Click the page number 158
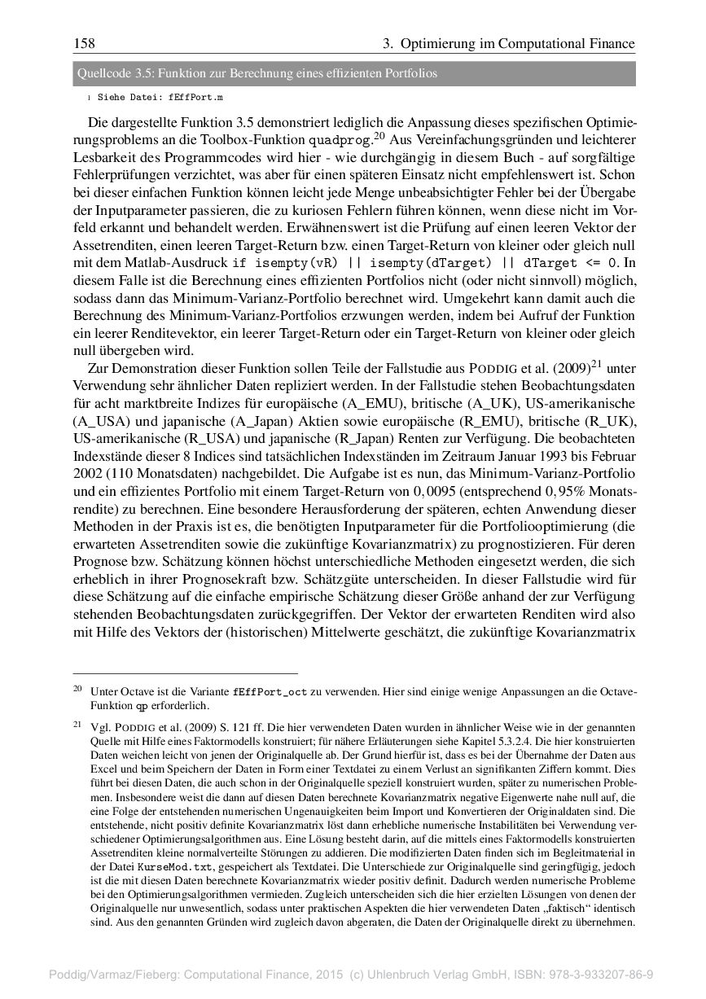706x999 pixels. (x=84, y=43)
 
